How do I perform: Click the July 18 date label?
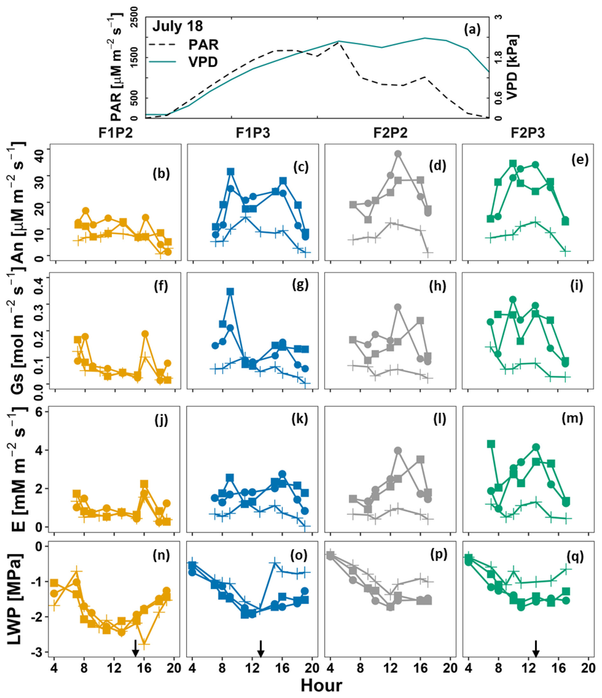click(178, 26)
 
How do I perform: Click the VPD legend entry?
click(203, 62)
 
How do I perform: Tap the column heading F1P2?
click(115, 133)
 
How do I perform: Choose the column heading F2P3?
click(528, 133)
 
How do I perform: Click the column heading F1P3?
click(253, 133)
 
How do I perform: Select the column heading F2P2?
click(390, 133)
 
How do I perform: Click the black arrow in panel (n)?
click(135, 648)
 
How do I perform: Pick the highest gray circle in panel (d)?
click(398, 154)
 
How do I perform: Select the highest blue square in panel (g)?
click(230, 292)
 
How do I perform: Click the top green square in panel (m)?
click(491, 444)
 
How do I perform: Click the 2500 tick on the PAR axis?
click(134, 18)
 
